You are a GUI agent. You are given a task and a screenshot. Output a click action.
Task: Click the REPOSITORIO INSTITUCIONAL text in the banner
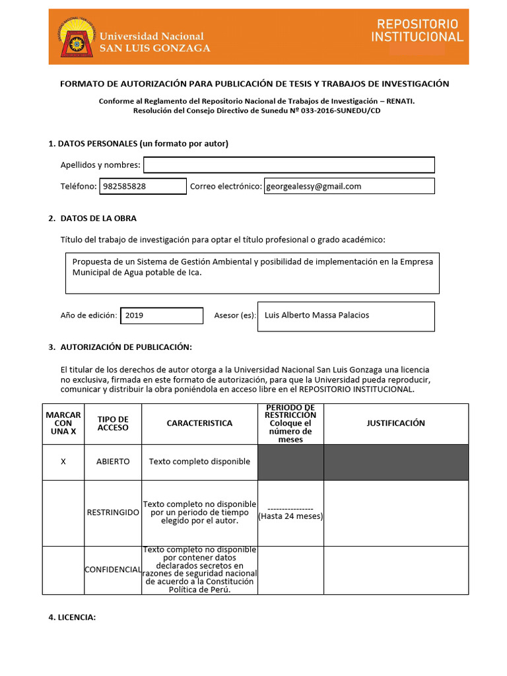coord(417,31)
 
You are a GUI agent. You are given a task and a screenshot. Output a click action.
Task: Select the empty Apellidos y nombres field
coord(288,164)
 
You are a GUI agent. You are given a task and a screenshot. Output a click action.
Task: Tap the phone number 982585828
coord(125,186)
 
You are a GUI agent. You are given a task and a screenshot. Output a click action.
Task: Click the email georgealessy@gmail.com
coord(314,186)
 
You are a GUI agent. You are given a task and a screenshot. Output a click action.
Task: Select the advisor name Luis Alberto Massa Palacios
coord(317,315)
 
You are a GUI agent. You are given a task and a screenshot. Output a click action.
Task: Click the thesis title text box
coord(252,272)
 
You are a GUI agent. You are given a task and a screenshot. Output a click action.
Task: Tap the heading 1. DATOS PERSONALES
coord(139,143)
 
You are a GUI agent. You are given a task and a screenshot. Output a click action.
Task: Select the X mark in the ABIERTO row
coord(63,461)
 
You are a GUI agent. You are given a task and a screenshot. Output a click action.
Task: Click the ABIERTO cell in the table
coord(113,461)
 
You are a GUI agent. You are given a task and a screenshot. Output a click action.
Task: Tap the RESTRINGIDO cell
coord(113,512)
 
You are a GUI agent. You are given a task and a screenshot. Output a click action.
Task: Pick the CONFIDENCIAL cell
coord(113,569)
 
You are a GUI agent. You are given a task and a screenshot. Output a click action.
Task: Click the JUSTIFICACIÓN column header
coord(395,423)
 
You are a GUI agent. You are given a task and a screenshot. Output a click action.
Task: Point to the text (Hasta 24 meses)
coord(290,516)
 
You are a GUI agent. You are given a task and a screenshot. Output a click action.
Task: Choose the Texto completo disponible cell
coord(199,461)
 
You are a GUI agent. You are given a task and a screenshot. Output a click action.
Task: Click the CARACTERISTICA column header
coord(199,423)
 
